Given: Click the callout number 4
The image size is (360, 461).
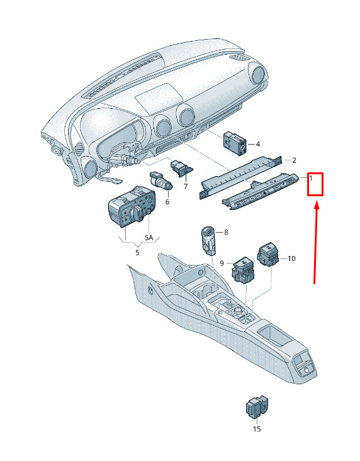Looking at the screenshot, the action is click(x=258, y=144).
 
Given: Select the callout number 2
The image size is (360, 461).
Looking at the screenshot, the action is click(x=294, y=160).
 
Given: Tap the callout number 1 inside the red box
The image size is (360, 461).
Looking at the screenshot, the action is click(x=311, y=177).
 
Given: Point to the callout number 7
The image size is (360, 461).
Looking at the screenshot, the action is click(x=186, y=186).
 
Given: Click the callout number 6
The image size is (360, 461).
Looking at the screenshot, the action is click(x=167, y=202).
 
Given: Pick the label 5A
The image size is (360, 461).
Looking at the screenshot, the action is click(x=149, y=238).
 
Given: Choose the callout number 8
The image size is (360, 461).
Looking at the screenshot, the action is click(x=226, y=232).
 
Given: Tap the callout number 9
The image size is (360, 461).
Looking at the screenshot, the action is click(x=222, y=263).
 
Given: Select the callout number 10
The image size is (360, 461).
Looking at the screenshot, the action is click(x=291, y=258).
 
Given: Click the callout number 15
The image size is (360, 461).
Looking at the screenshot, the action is click(x=257, y=429).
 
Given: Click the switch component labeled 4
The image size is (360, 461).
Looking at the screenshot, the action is click(x=235, y=143).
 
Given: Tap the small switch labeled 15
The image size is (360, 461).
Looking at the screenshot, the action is click(x=257, y=407).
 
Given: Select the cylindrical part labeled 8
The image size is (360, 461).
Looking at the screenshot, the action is click(x=208, y=240).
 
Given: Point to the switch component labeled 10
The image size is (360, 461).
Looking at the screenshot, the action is click(x=268, y=255).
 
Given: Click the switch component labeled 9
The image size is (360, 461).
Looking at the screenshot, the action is click(x=244, y=269).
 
